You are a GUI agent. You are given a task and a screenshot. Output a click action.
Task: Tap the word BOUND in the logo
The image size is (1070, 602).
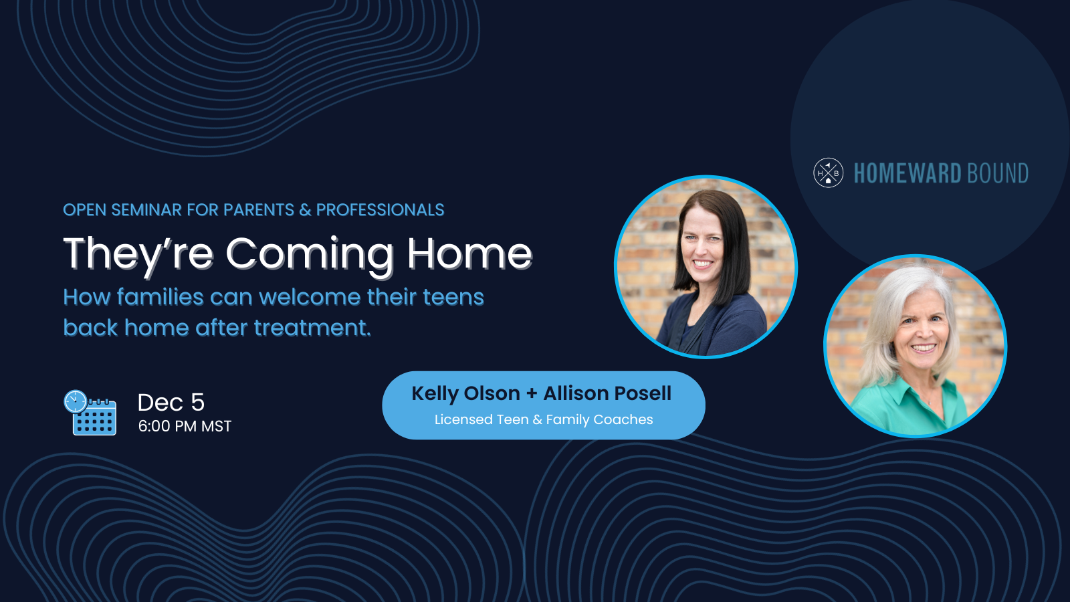(998, 173)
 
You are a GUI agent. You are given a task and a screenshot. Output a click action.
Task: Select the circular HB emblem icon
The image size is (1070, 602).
(829, 173)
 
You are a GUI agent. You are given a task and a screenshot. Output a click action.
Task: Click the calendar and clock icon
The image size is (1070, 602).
(90, 412)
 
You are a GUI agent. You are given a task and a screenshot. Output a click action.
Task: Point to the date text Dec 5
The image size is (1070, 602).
(171, 402)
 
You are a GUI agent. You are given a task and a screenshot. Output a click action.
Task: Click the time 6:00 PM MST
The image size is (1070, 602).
(185, 425)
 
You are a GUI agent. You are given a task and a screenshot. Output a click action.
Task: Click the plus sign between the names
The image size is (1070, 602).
(532, 394)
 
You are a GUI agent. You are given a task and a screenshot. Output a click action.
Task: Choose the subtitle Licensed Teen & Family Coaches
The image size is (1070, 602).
(544, 419)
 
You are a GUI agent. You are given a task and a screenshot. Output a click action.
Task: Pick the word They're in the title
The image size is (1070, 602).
(138, 255)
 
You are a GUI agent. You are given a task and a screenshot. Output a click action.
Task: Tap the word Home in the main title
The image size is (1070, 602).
(469, 254)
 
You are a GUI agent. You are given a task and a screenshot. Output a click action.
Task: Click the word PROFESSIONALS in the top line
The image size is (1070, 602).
(381, 210)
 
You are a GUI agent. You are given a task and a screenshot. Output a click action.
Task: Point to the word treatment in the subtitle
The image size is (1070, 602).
(312, 328)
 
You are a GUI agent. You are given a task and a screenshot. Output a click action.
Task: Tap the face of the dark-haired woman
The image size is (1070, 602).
(703, 243)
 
